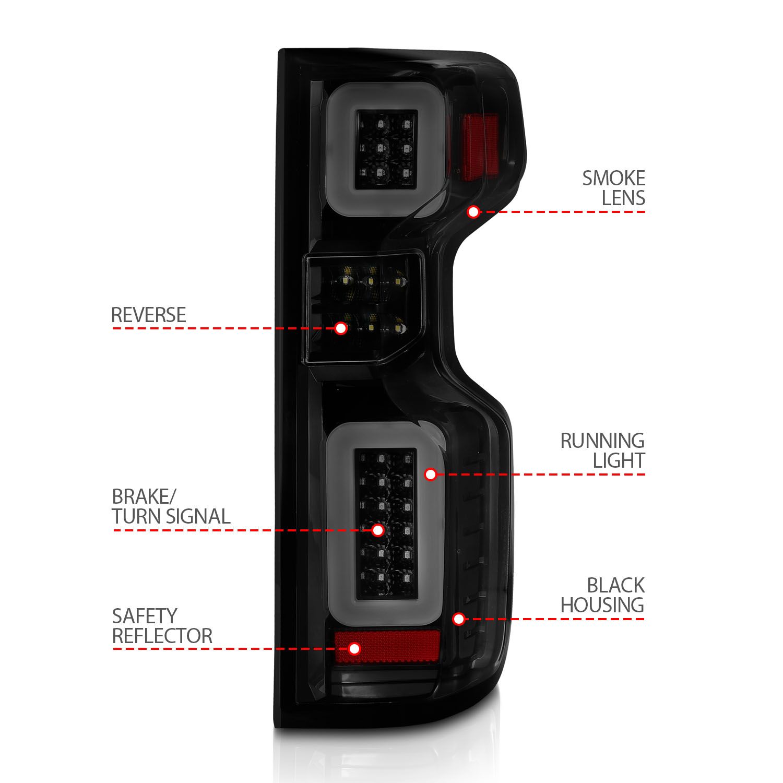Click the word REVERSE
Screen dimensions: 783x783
pyautogui.click(x=149, y=315)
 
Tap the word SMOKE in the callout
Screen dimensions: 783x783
pyautogui.click(x=614, y=179)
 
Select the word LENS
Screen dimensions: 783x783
pyautogui.click(x=624, y=198)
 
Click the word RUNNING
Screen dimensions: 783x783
pyautogui.click(x=602, y=441)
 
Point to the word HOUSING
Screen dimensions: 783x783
pyautogui.click(x=602, y=605)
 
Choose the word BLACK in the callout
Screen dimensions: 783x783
pyautogui.click(x=616, y=585)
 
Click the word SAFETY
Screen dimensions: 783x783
pyautogui.click(x=145, y=616)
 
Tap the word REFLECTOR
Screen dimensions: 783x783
pyautogui.click(x=162, y=636)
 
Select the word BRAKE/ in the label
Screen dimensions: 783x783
pyautogui.click(x=141, y=496)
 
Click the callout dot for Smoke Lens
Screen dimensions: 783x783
pyautogui.click(x=473, y=212)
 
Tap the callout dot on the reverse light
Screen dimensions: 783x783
pyautogui.click(x=341, y=328)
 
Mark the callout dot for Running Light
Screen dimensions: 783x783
pyautogui.click(x=431, y=474)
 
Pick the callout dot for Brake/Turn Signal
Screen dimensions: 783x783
pyautogui.click(x=378, y=531)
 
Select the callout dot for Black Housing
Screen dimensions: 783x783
pyautogui.click(x=459, y=619)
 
